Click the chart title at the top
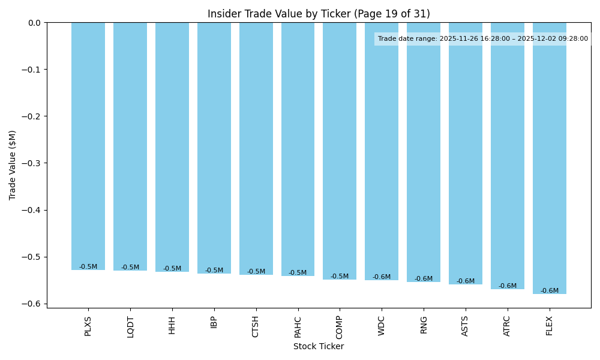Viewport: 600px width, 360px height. [x=319, y=14]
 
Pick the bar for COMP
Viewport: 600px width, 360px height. [x=340, y=151]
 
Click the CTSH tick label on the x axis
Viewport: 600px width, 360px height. [x=256, y=326]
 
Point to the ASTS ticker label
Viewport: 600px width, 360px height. [x=465, y=326]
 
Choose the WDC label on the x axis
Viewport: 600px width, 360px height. [x=382, y=325]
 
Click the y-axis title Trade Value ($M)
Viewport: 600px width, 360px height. [x=13, y=165]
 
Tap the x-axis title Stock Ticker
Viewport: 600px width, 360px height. [x=319, y=347]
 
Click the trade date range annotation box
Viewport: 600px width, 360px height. [x=483, y=39]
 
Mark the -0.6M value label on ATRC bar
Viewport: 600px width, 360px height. [x=508, y=286]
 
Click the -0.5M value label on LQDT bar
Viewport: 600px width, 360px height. [x=130, y=268]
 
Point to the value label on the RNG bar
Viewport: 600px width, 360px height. [x=424, y=279]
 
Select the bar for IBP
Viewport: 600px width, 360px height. [x=214, y=148]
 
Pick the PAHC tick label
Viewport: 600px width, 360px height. [x=298, y=326]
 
